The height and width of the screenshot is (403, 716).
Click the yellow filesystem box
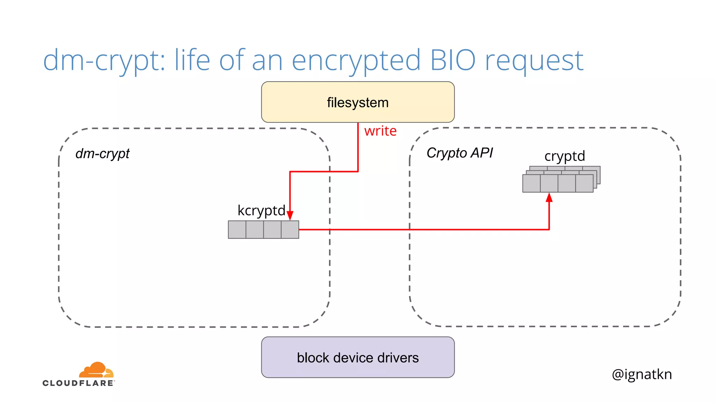pyautogui.click(x=358, y=102)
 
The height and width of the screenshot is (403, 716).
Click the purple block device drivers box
pyautogui.click(x=358, y=358)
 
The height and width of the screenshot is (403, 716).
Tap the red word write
pyautogui.click(x=380, y=131)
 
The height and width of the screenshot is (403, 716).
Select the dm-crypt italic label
pyautogui.click(x=102, y=154)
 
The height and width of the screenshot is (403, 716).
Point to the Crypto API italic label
pyautogui.click(x=459, y=153)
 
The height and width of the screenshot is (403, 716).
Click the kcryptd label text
pyautogui.click(x=261, y=211)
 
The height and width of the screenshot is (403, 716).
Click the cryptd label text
pyautogui.click(x=565, y=156)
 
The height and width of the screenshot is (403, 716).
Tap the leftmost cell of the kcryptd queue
pyautogui.click(x=237, y=229)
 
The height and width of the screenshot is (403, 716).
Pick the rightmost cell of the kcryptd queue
pyautogui.click(x=290, y=229)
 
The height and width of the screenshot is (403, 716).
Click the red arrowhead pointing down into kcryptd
pyautogui.click(x=290, y=215)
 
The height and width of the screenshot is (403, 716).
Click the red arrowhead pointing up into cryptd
pyautogui.click(x=549, y=198)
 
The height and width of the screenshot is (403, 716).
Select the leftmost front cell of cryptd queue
pyautogui.click(x=531, y=183)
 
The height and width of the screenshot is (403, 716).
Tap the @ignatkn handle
pyautogui.click(x=642, y=374)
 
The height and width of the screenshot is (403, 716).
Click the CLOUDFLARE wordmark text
pyautogui.click(x=78, y=383)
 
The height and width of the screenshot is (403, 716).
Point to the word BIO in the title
pyautogui.click(x=453, y=60)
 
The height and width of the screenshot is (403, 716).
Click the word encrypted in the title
pyautogui.click(x=356, y=60)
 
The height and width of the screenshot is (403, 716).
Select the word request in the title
pyautogui.click(x=534, y=60)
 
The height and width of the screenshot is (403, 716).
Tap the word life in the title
pyautogui.click(x=192, y=60)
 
